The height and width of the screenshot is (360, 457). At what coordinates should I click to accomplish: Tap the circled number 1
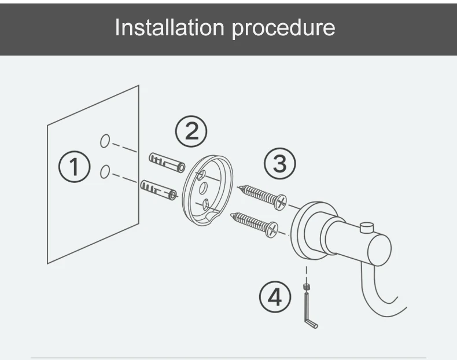pos(75,167)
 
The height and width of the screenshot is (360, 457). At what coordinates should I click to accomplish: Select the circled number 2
pos(191,132)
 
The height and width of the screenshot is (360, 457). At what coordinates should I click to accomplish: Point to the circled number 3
pos(279,164)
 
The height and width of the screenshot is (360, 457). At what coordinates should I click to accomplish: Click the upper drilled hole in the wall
pos(105,141)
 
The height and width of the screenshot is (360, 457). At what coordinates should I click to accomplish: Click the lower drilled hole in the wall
pos(105,172)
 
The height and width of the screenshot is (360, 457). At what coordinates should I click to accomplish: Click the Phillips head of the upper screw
pos(281,201)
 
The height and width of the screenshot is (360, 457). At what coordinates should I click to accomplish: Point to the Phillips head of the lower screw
pos(271,230)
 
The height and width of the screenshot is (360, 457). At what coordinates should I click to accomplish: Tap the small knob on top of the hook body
pos(366,227)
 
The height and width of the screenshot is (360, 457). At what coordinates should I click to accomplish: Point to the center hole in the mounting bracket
pos(202,189)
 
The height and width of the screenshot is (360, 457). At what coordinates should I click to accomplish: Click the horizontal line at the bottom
pos(228,358)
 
